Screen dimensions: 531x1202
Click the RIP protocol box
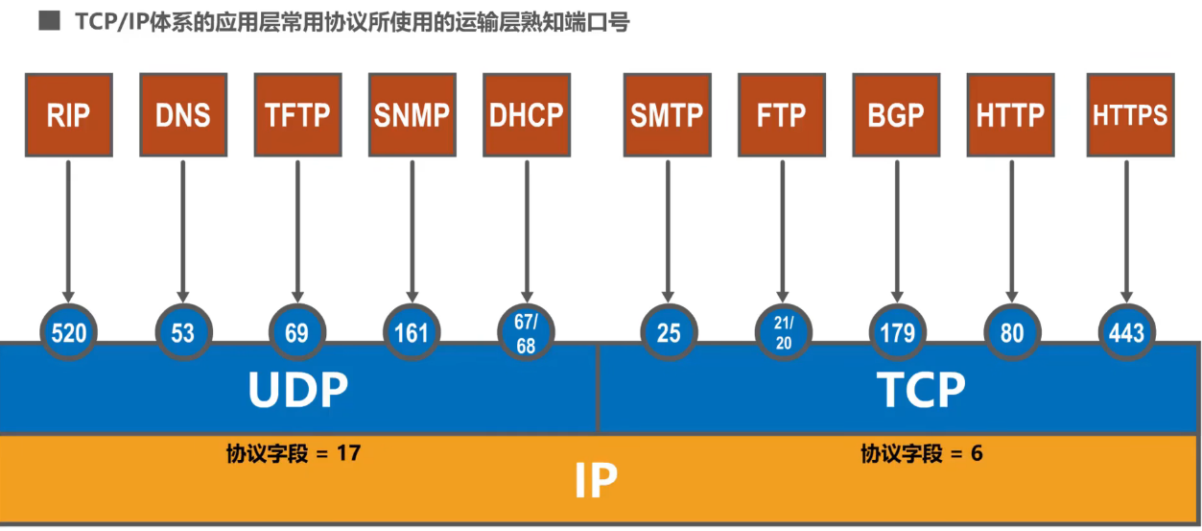coord(68,115)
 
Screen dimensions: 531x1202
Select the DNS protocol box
coord(182,115)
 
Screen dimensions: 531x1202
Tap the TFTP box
coord(297,115)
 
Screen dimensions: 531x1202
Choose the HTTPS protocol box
coord(1130,115)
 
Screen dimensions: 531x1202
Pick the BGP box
coord(896,115)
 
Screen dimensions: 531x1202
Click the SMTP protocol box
coord(667,115)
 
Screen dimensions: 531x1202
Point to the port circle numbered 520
coord(69,332)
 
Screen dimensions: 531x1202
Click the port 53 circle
coord(182,332)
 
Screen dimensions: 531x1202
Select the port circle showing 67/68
coord(526,332)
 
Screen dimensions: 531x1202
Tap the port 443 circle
coord(1126,332)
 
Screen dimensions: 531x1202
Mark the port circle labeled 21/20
coord(784,332)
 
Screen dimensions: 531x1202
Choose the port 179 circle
coord(897,332)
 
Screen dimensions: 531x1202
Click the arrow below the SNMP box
coord(412,230)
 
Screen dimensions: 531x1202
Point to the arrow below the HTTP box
coord(1011,230)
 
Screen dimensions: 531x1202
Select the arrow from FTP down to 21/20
coord(783,230)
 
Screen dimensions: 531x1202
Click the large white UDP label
coord(297,390)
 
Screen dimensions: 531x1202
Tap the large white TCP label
coord(921,390)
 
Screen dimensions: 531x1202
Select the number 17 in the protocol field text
coord(349,453)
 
